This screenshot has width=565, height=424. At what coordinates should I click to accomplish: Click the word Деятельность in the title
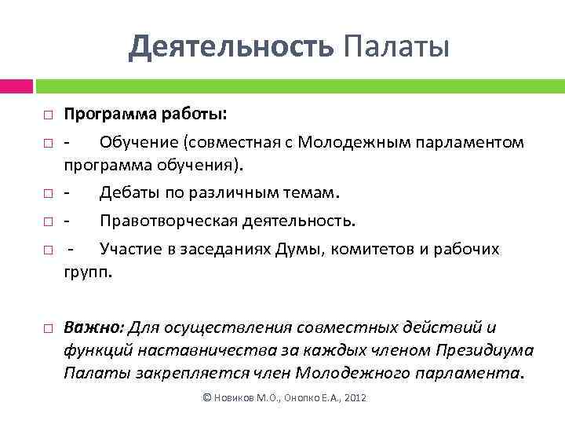[x=231, y=46]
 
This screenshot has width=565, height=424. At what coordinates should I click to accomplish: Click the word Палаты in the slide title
[x=396, y=46]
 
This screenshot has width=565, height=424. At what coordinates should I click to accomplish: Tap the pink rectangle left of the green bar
[x=16, y=85]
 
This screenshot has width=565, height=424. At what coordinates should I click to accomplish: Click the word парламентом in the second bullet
[x=471, y=142]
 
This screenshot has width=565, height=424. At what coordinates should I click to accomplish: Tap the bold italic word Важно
[x=93, y=327]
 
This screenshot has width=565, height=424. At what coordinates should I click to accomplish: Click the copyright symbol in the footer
[x=207, y=398]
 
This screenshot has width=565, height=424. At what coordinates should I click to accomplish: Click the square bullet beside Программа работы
[x=48, y=115]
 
